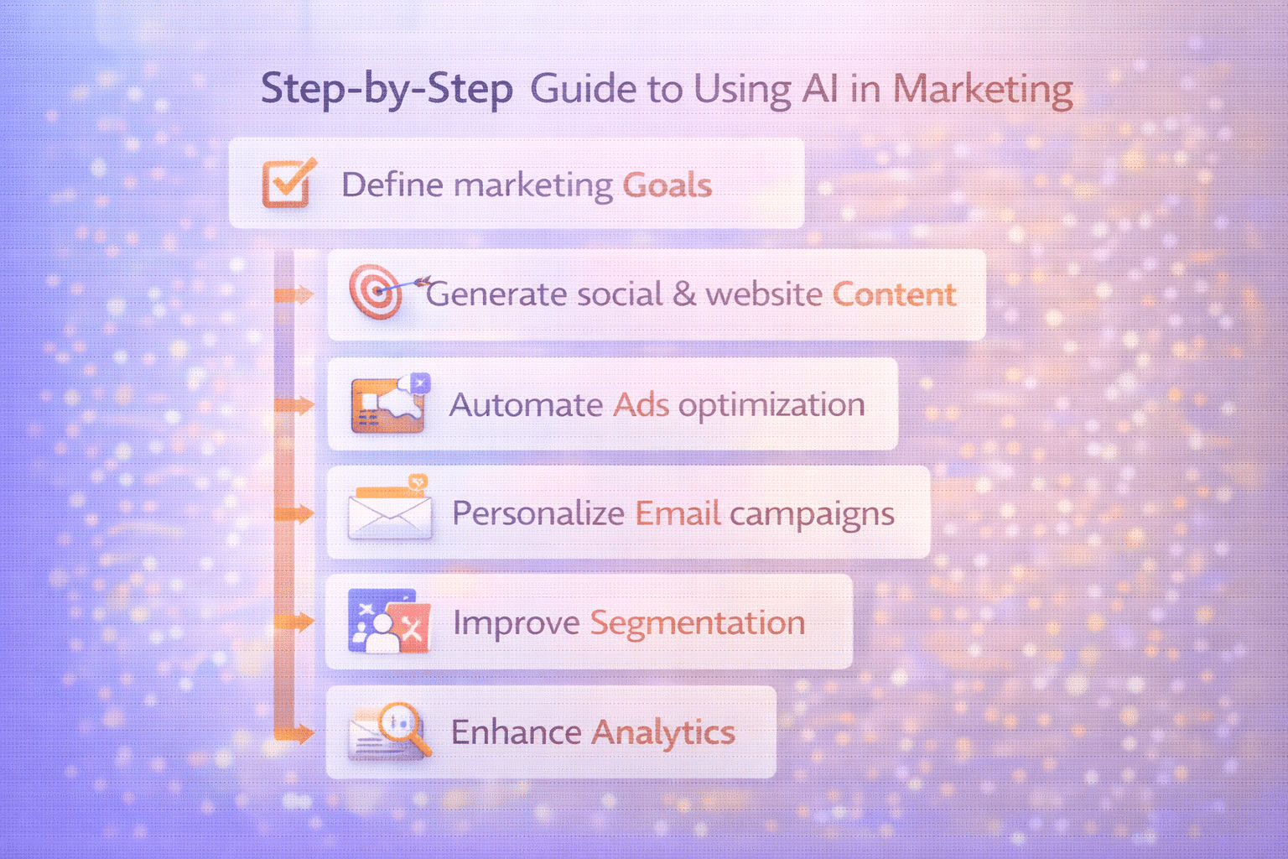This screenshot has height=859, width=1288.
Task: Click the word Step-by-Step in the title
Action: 387,89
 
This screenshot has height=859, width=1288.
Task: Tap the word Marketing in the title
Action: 983,89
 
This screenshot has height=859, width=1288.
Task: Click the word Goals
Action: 667,185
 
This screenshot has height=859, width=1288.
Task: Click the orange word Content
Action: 894,294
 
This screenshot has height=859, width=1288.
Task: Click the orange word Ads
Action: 641,405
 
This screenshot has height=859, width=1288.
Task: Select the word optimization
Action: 771,405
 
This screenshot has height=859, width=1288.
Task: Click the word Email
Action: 678,513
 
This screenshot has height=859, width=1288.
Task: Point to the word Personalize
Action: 538,513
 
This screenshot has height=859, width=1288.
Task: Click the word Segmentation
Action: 697,622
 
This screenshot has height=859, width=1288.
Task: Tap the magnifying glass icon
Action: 401,726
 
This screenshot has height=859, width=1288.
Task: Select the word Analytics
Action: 663,732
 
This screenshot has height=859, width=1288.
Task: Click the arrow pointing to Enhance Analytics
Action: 294,734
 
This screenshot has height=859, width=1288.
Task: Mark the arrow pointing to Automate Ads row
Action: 294,406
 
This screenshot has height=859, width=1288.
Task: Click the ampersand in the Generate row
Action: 684,294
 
